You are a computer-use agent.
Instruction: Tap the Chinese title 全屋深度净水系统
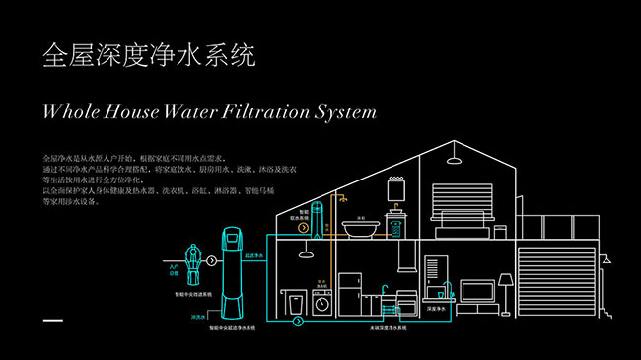149,55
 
